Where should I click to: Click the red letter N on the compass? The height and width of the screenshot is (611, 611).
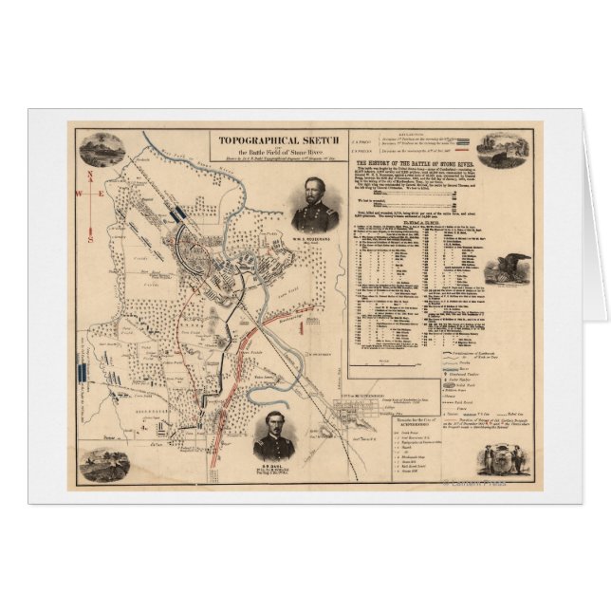(89, 176)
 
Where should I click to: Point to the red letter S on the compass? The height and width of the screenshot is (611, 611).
(90, 239)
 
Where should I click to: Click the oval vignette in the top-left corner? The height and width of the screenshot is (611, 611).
(102, 149)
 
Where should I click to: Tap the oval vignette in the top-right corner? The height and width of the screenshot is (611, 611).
(503, 150)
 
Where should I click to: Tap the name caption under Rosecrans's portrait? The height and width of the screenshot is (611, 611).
(315, 238)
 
